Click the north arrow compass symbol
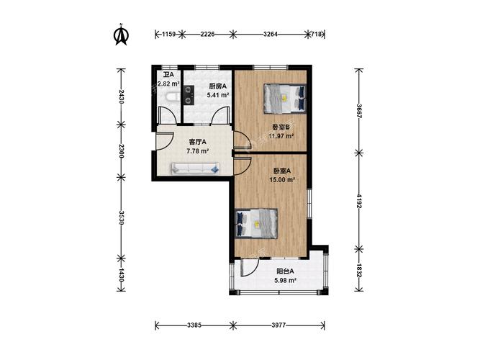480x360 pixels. coord(121,35)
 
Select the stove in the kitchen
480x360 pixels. coord(189,94)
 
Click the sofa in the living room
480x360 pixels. coord(195,168)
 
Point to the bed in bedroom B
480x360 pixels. coord(285,99)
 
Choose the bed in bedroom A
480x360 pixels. coord(256,223)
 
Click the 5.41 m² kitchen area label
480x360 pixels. coord(218,95)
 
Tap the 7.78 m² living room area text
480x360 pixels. coord(197,150)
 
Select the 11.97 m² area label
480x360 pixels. coord(281,136)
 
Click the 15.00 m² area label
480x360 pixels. coord(282,179)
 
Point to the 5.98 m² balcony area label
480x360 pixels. coord(285,280)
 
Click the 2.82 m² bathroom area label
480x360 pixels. coord(168,84)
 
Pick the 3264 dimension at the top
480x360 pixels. coord(271,34)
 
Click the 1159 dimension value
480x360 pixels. coord(168,34)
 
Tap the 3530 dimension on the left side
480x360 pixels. coord(122,217)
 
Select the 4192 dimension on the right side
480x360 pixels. coord(359,200)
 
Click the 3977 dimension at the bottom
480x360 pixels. coord(279,325)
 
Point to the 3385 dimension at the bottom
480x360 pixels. coord(194,325)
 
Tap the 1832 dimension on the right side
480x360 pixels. coord(359,271)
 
